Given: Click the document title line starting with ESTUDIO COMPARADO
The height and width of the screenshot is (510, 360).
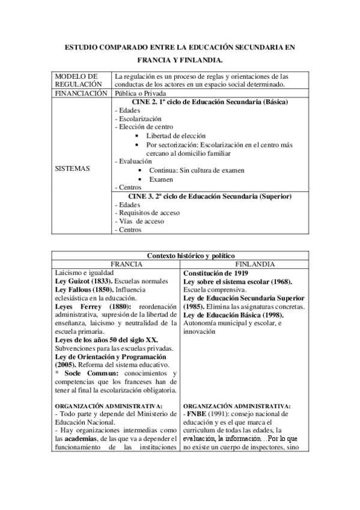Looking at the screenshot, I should pyautogui.click(x=180, y=47).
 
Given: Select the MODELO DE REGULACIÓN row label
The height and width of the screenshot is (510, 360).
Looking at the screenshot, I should pyautogui.click(x=76, y=81).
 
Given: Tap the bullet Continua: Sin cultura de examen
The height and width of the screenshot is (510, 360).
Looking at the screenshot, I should pyautogui.click(x=197, y=170).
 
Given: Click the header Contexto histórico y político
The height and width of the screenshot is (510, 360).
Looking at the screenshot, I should pyautogui.click(x=186, y=256).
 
